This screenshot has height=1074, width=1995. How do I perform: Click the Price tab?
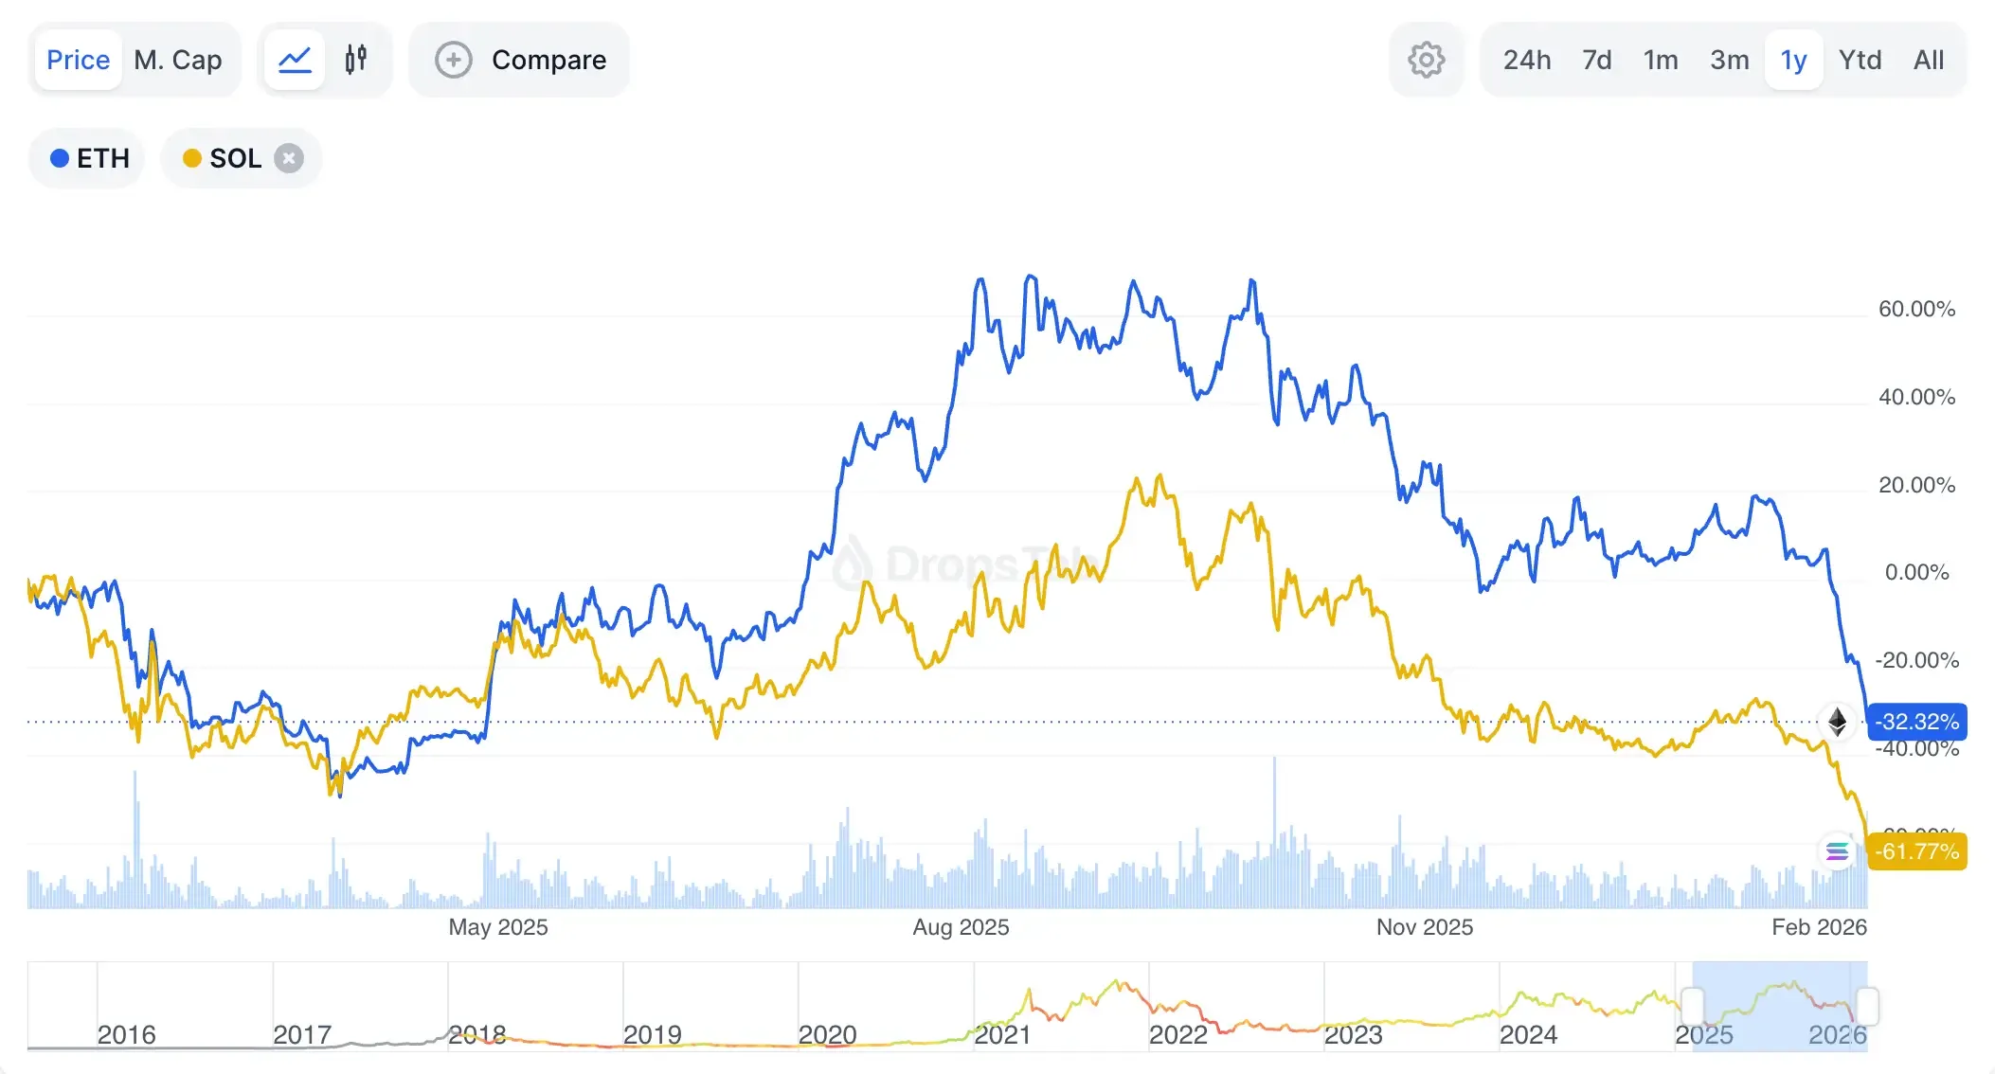[79, 61]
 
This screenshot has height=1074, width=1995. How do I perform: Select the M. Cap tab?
[178, 61]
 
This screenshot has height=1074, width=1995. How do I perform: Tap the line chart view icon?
[295, 61]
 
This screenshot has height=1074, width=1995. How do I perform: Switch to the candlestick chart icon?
[356, 61]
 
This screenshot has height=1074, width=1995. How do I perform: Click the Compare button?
[520, 61]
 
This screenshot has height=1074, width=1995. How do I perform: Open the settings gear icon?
[1426, 61]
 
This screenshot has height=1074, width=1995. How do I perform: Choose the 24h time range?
[1527, 61]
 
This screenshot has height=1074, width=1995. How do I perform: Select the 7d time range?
[1597, 61]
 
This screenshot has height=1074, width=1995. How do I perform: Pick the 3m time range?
[1729, 61]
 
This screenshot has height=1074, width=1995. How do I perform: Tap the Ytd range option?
[1860, 61]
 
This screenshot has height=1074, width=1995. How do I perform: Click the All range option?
[1929, 61]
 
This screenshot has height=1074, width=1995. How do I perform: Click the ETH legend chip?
[90, 158]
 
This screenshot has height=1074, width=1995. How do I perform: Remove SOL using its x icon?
[289, 158]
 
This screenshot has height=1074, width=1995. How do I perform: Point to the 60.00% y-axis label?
[1916, 309]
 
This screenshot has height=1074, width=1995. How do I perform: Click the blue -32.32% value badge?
[1917, 722]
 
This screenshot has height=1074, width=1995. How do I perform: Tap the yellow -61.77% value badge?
[1917, 851]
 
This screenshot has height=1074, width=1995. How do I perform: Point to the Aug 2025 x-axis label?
[961, 927]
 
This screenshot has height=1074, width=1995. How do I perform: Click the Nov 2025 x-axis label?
[1424, 927]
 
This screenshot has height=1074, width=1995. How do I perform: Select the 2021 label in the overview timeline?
[1002, 1035]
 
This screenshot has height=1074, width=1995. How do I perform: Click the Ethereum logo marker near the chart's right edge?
[1837, 722]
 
